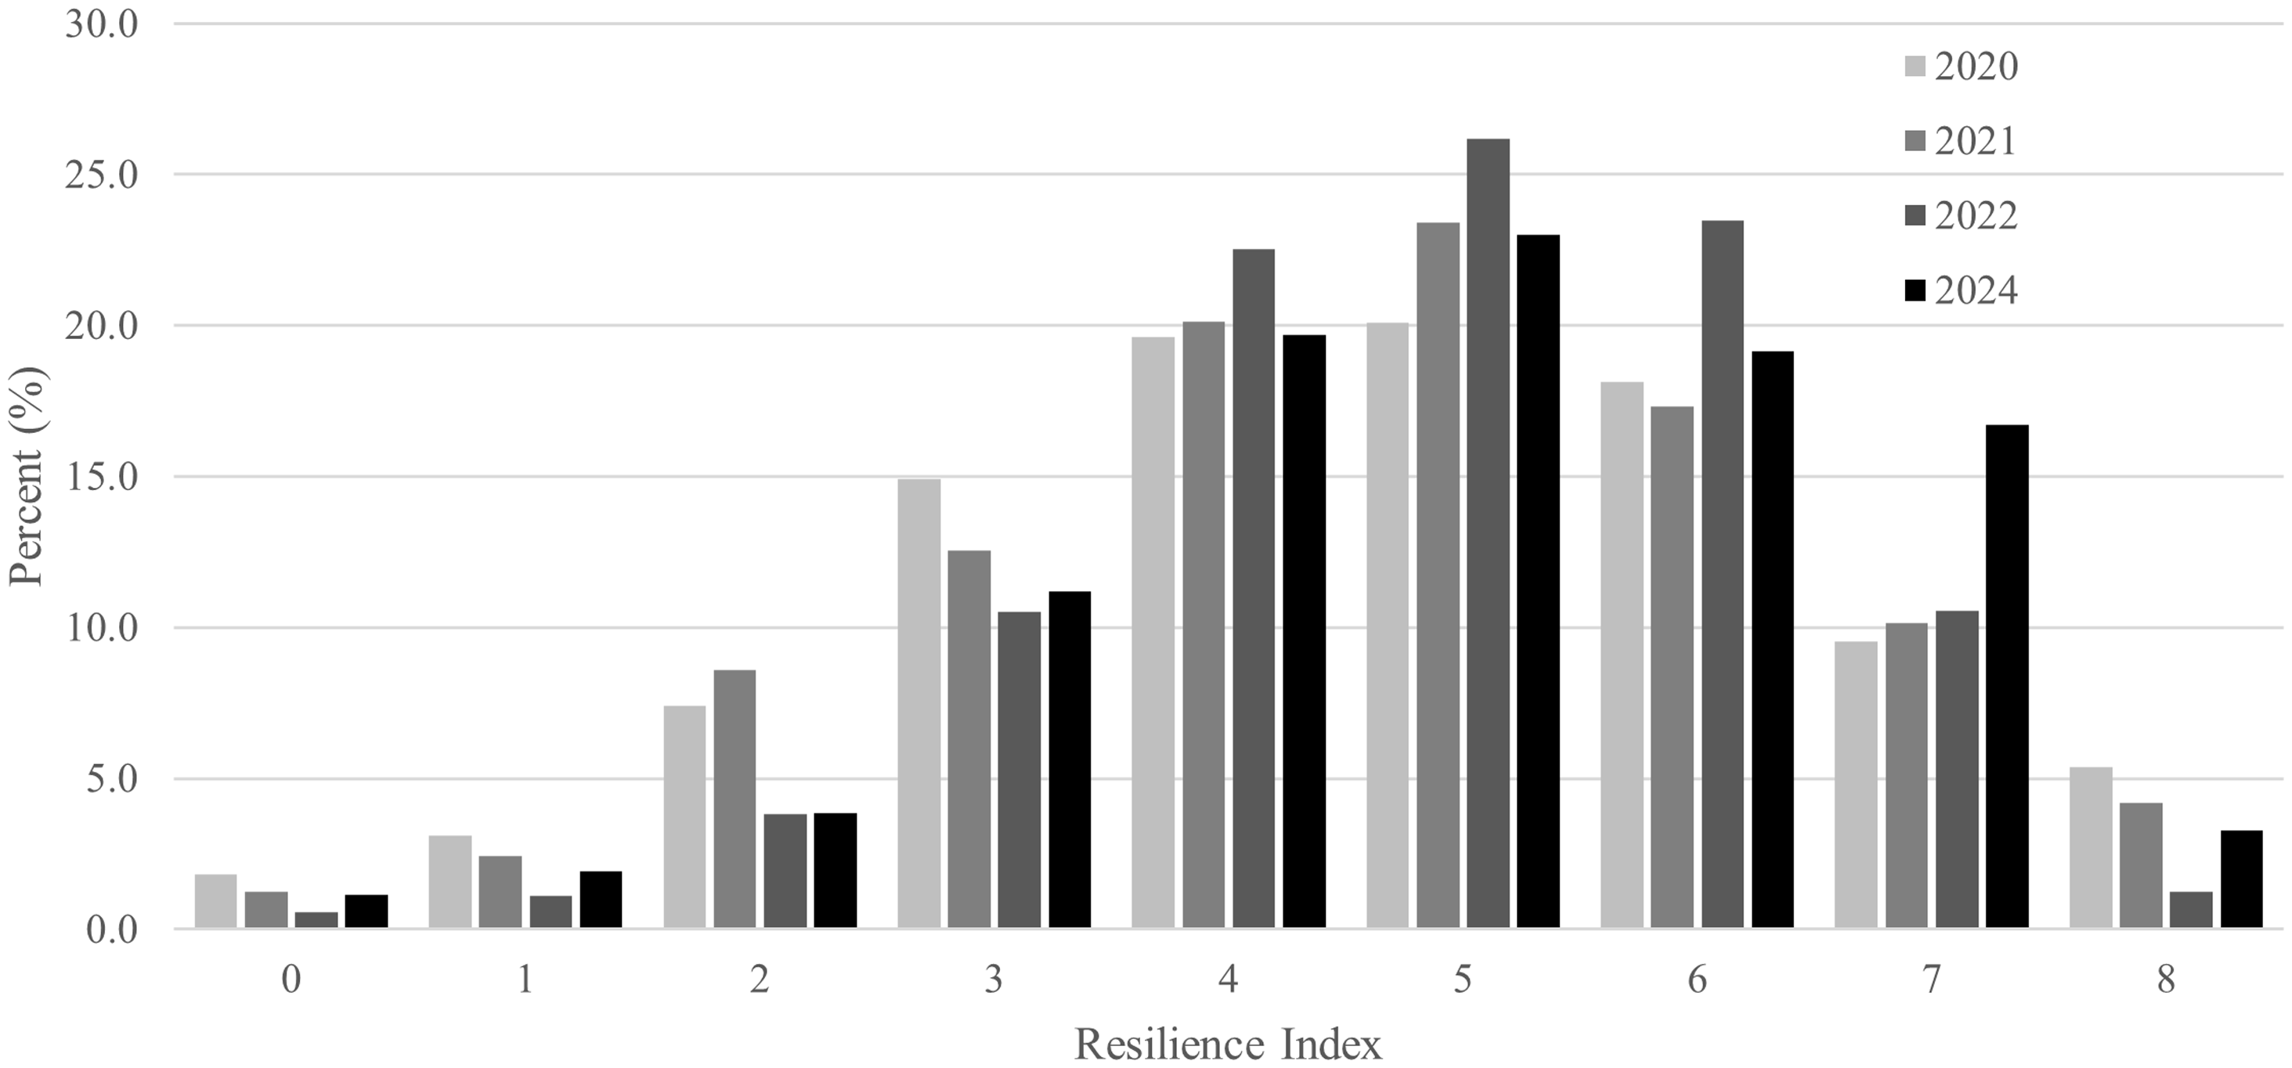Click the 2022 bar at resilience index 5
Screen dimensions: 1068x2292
click(1488, 534)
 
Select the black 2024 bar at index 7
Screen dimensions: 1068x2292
click(2006, 677)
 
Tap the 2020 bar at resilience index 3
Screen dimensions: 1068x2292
click(919, 703)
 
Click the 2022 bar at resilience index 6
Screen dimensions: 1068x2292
click(1722, 574)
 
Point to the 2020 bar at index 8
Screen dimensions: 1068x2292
click(2090, 847)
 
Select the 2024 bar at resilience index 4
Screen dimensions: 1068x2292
click(1304, 632)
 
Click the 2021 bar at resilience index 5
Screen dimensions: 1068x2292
click(1438, 575)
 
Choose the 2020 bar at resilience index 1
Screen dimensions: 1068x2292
click(450, 881)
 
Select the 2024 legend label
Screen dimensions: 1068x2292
click(1975, 291)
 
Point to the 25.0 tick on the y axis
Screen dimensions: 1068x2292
click(102, 175)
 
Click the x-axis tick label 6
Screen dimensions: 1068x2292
click(1697, 980)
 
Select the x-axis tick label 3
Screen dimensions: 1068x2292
click(994, 980)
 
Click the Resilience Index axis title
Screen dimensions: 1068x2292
click(1228, 1044)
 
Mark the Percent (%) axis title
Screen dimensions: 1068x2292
click(27, 476)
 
